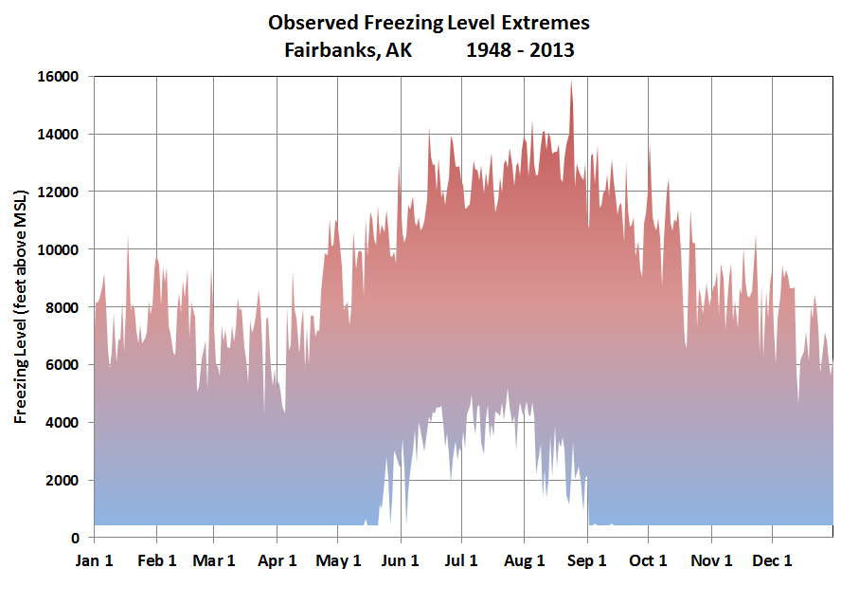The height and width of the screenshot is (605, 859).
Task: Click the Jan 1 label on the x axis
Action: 94,560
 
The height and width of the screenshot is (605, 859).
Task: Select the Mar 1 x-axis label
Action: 214,560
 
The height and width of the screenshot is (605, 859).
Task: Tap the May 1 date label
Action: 338,560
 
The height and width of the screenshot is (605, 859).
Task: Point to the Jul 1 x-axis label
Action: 461,560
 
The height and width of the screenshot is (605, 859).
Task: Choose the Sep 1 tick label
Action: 587,560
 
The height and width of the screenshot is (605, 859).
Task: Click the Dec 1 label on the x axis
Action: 772,560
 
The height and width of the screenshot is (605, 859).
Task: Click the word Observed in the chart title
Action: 308,22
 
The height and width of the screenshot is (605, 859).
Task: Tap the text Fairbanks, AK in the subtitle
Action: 348,49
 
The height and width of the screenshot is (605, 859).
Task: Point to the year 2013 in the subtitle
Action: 552,49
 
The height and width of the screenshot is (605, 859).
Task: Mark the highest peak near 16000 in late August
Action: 571,82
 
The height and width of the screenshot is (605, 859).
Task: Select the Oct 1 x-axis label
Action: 649,560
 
